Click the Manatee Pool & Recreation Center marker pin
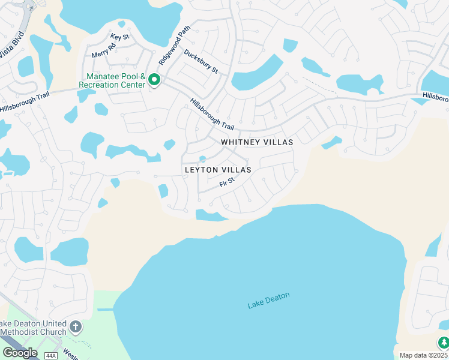pos(154,80)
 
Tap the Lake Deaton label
pos(268,300)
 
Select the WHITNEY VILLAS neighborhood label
pos(257,142)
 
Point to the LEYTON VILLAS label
pos(217,170)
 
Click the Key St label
pos(119,37)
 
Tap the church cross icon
pos(75,327)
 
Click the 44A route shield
pos(50,355)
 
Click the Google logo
pos(20,353)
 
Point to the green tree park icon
pos(443,343)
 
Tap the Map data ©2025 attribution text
pos(424,355)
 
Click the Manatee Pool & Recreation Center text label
pos(116,80)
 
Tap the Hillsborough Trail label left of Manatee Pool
pos(24,101)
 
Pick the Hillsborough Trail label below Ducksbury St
pos(212,114)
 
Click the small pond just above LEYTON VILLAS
pos(203,159)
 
